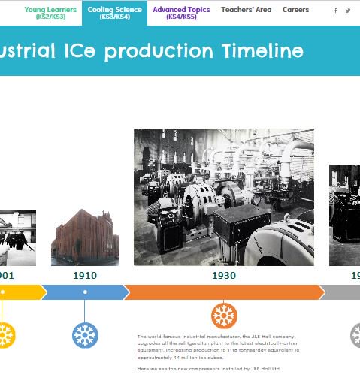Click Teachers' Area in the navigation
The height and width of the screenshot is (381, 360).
tap(247, 10)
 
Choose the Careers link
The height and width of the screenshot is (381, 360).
tap(295, 10)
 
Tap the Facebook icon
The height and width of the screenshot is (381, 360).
tap(336, 11)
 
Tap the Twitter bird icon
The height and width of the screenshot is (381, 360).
tap(348, 11)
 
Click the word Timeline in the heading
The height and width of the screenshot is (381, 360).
tap(263, 51)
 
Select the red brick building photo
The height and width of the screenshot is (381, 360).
tap(85, 237)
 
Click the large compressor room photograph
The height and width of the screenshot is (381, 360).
tap(224, 197)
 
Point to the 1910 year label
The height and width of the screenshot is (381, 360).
tap(85, 276)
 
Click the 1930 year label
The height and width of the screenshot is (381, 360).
tap(224, 276)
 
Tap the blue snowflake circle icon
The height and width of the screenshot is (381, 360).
tap(85, 335)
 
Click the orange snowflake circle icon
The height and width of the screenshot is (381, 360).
tap(224, 316)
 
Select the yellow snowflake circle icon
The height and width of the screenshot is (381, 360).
tap(4, 335)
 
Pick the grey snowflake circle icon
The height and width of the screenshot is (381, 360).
tap(355, 335)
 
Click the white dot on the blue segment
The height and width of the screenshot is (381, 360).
tap(85, 292)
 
